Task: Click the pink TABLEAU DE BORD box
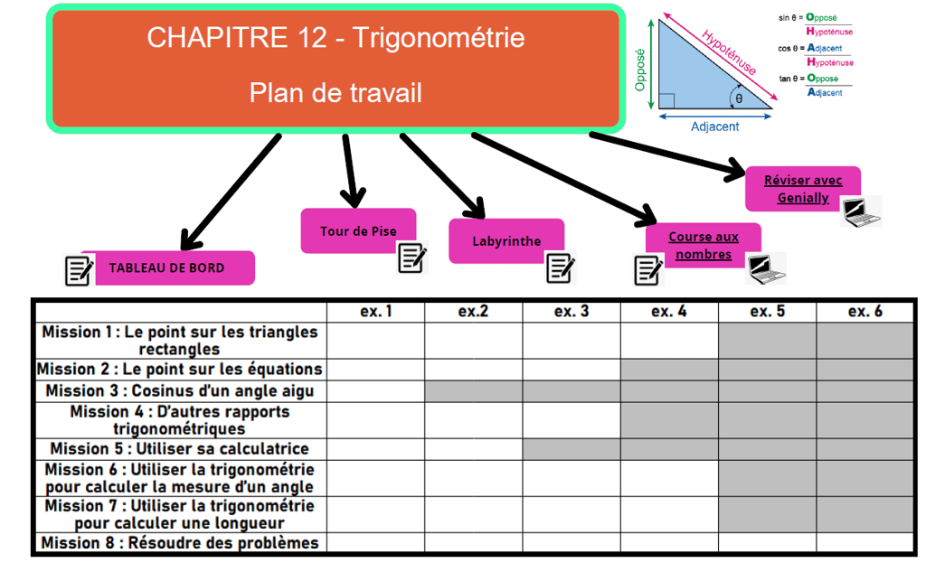click(x=167, y=267)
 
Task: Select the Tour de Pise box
click(x=358, y=231)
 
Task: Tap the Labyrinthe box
click(x=506, y=241)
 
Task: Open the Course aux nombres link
click(x=703, y=246)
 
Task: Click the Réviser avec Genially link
click(x=802, y=189)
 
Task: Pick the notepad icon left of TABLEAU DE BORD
click(x=79, y=270)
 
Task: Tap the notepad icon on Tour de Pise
click(x=412, y=258)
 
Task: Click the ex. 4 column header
click(x=668, y=312)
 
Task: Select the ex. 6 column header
click(x=865, y=312)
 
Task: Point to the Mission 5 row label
click(x=179, y=448)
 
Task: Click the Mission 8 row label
click(x=179, y=543)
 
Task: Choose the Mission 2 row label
click(x=179, y=369)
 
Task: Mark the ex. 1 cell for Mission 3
click(x=375, y=391)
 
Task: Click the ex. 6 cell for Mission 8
click(x=865, y=543)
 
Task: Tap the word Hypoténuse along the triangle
click(x=729, y=52)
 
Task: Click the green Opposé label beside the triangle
click(x=641, y=69)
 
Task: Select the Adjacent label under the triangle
click(x=714, y=127)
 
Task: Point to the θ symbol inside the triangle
click(x=739, y=98)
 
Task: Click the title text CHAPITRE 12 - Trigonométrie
click(x=335, y=38)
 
